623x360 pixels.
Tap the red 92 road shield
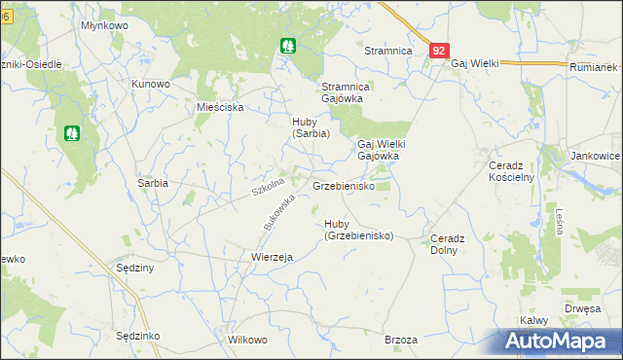pos(439,51)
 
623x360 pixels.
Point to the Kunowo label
pos(151,84)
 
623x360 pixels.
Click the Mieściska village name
pos(219,108)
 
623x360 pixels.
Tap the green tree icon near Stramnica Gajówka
pos(288,45)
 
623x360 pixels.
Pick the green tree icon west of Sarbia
pos(71,132)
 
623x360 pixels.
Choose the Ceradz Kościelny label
pos(510,171)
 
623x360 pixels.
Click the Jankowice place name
pos(596,156)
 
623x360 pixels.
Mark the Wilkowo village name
pos(246,341)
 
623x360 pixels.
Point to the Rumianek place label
pos(594,67)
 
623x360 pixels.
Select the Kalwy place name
pos(534,320)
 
